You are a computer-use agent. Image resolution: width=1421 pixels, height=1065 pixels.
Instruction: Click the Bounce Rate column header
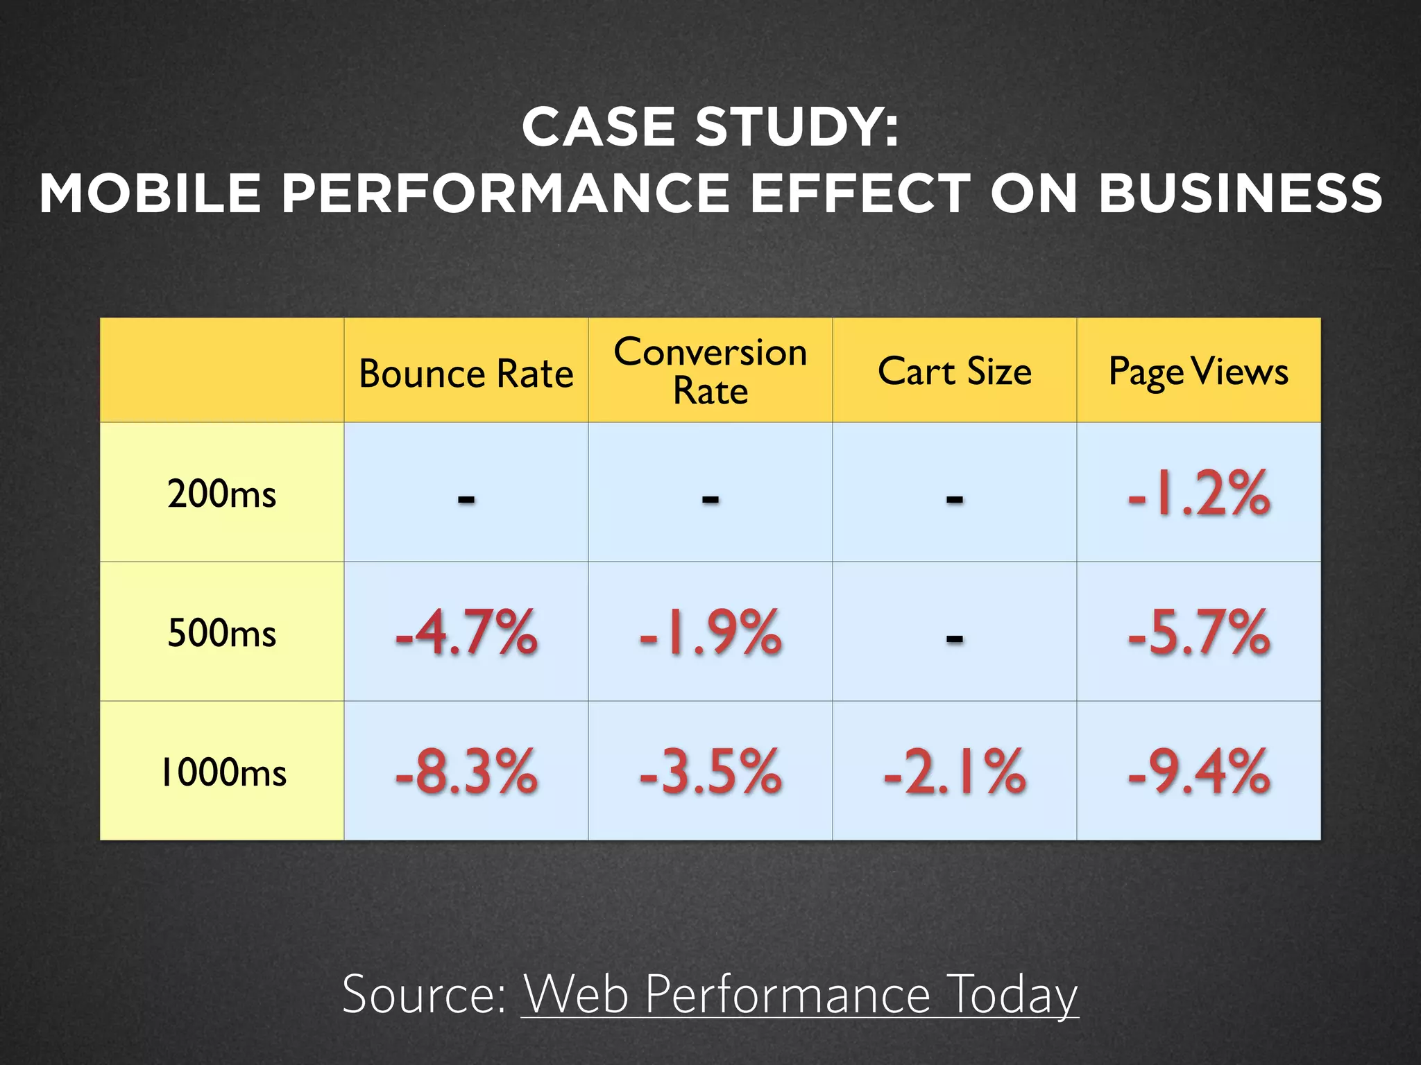tap(466, 374)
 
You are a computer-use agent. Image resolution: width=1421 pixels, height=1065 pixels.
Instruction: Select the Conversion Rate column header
tap(710, 371)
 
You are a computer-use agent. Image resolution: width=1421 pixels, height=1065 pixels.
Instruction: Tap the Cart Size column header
tap(954, 371)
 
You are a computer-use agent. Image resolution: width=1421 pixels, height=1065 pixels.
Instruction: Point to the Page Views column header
tap(1198, 371)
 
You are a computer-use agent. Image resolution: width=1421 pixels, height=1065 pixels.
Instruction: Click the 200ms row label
tap(221, 494)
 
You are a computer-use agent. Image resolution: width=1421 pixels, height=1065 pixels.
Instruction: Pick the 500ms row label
tap(221, 633)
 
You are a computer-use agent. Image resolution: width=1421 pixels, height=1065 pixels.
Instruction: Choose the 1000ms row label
tap(223, 772)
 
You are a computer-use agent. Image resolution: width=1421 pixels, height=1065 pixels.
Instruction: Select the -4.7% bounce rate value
tap(466, 632)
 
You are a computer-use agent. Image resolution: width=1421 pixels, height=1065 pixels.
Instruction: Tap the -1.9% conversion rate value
tap(710, 632)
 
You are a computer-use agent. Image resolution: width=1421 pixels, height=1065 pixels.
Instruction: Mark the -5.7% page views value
tap(1198, 632)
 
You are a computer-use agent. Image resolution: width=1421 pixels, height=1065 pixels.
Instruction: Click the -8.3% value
tap(466, 771)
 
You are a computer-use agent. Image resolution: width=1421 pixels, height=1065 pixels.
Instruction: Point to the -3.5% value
tap(710, 771)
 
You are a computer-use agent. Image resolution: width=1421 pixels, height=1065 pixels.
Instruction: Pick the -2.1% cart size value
tap(954, 771)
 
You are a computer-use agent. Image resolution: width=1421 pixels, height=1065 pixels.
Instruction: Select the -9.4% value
tap(1198, 771)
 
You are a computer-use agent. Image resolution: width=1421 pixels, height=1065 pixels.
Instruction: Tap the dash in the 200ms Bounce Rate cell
tap(466, 499)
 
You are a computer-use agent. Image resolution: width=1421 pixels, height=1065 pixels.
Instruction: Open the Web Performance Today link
tap(799, 994)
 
